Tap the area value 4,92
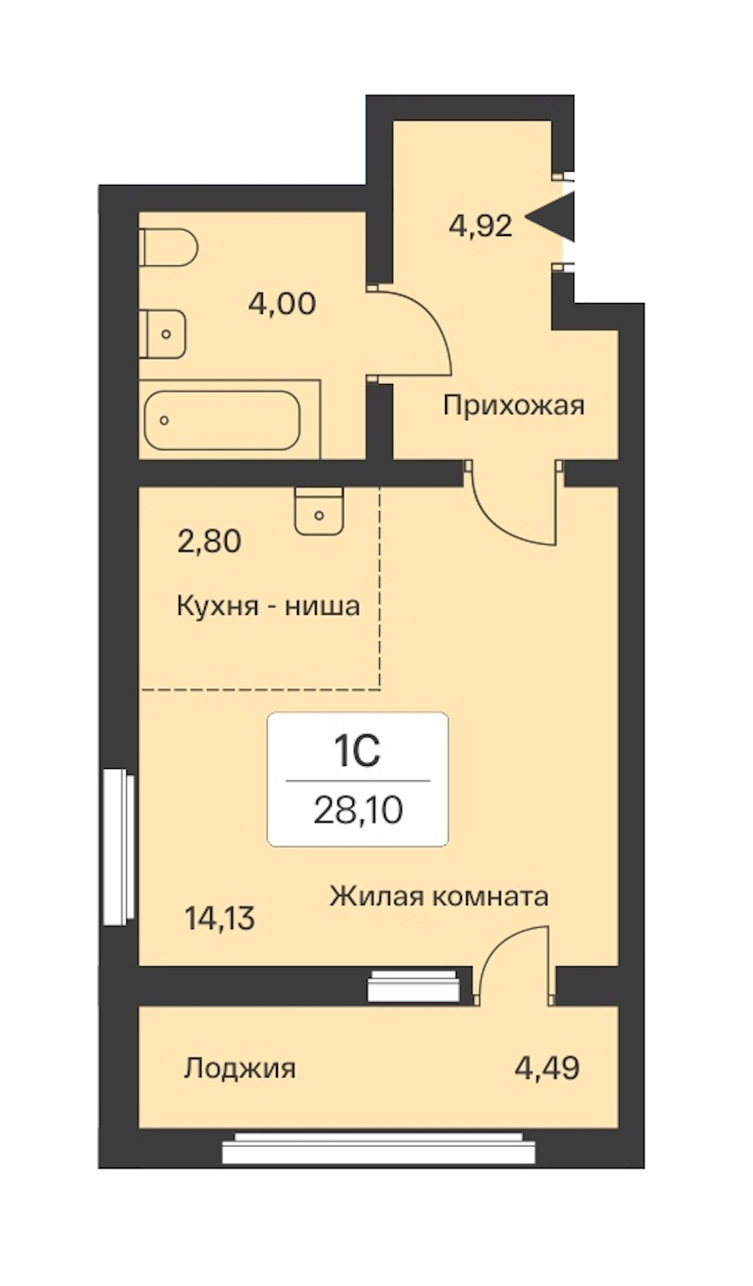point(480,225)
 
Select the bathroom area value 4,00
point(282,303)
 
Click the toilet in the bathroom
point(169,248)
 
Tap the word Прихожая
point(514,406)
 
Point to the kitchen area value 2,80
point(209,542)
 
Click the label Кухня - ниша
point(268,606)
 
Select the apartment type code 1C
point(357,752)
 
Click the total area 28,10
point(358,811)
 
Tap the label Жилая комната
point(439,896)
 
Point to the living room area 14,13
point(220,918)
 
